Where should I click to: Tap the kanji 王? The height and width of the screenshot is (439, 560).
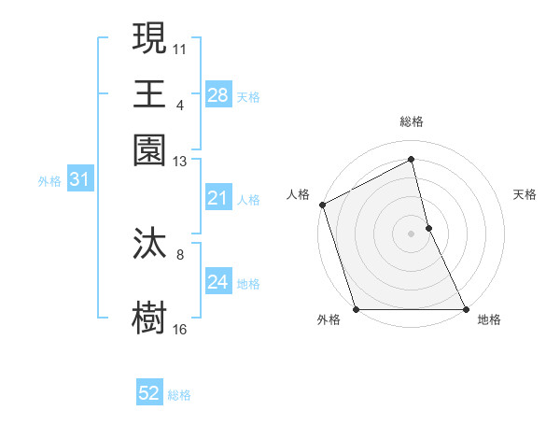pos(149,94)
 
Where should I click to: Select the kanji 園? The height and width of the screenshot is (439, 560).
pos(149,150)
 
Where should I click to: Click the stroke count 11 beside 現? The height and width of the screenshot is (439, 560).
pos(180,48)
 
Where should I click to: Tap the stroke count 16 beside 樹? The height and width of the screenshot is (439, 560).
pos(180,329)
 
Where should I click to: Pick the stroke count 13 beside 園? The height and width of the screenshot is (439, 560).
pos(180,162)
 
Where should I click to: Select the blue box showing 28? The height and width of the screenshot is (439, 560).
pos(217,95)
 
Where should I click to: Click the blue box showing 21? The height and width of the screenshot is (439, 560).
pos(217,198)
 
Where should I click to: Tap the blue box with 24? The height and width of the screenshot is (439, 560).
pos(217,282)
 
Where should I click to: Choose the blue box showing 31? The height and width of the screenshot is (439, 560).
pos(79,180)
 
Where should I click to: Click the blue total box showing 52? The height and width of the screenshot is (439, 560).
pos(149,394)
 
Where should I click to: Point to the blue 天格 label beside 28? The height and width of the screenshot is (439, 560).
pos(248,96)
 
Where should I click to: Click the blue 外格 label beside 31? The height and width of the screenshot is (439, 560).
pos(49,181)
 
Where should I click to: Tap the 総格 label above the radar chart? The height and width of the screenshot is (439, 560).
pos(412,122)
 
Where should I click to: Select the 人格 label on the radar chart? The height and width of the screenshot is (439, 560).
pos(299,194)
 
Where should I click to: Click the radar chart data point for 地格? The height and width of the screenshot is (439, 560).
pos(465,309)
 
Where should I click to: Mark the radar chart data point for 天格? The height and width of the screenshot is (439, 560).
pos(428,228)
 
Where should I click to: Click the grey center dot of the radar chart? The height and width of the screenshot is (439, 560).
pos(412,234)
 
